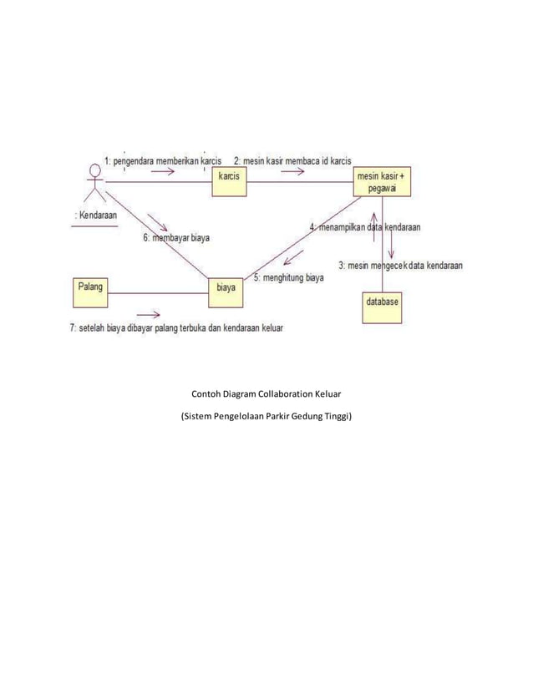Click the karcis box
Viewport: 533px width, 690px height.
229,181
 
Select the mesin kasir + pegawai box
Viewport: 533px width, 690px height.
382,183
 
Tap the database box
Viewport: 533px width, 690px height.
382,307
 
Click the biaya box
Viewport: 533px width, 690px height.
226,292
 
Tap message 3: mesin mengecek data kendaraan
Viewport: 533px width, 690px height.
402,266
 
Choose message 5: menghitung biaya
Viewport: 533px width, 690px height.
288,278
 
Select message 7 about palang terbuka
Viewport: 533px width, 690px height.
176,328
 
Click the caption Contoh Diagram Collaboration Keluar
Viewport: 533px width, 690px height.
266,393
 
